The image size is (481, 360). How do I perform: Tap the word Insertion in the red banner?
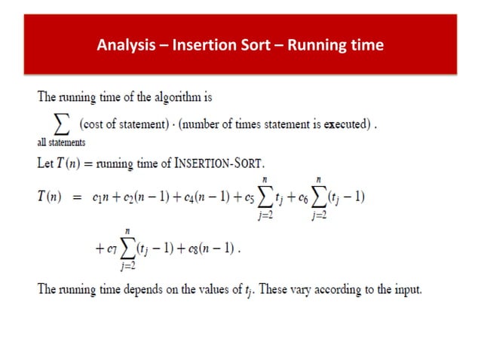(201, 45)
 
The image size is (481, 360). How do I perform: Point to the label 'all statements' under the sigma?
(62, 142)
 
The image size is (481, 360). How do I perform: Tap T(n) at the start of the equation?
(52, 197)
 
